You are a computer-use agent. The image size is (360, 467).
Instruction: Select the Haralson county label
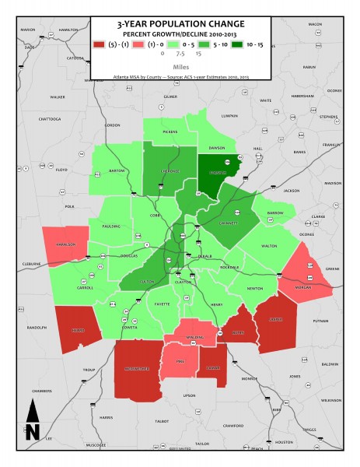[71, 244]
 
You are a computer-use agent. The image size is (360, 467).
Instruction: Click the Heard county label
[77, 329]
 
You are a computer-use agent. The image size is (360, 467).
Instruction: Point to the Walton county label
[269, 246]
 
